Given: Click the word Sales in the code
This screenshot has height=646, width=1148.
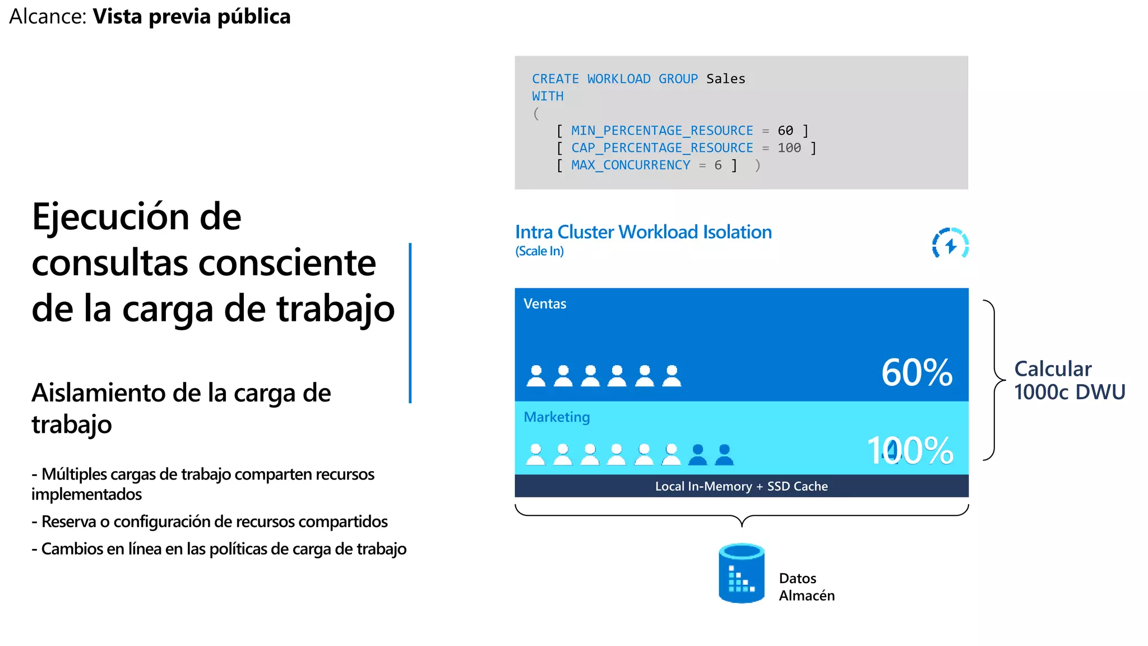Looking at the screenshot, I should pyautogui.click(x=725, y=79).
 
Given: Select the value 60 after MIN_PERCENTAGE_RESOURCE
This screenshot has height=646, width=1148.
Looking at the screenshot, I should pyautogui.click(x=785, y=131).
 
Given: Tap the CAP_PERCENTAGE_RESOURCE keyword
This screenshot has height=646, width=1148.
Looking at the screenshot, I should pyautogui.click(x=661, y=148).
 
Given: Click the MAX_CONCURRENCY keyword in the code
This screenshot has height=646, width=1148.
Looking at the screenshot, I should pyautogui.click(x=630, y=165).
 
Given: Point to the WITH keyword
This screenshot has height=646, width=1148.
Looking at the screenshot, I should pyautogui.click(x=547, y=96).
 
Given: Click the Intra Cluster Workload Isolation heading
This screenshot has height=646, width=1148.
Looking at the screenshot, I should pyautogui.click(x=643, y=232).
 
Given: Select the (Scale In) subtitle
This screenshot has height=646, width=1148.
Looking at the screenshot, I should pyautogui.click(x=539, y=251).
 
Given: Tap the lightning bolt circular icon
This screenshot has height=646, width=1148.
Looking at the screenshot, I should pyautogui.click(x=950, y=243).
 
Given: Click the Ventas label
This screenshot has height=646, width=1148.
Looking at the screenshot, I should pyautogui.click(x=544, y=304).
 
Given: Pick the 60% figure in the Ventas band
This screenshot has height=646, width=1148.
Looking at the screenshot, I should pyautogui.click(x=916, y=372).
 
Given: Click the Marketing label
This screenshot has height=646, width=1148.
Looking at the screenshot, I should pyautogui.click(x=556, y=417).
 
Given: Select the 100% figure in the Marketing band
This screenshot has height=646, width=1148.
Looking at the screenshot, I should pyautogui.click(x=910, y=450).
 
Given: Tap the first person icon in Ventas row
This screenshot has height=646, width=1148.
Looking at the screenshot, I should pyautogui.click(x=536, y=376).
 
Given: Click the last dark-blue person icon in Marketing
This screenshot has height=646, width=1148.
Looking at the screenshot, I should pyautogui.click(x=724, y=455).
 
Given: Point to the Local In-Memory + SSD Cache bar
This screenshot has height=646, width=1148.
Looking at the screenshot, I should pyautogui.click(x=741, y=486).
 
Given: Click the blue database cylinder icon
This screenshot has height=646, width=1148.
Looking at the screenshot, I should pyautogui.click(x=741, y=573).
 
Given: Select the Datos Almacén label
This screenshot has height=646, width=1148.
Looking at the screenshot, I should pyautogui.click(x=806, y=587).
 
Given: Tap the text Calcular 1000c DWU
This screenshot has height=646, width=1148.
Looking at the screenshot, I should pyautogui.click(x=1068, y=380).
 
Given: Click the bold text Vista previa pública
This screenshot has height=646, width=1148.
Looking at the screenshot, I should pyautogui.click(x=191, y=17).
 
